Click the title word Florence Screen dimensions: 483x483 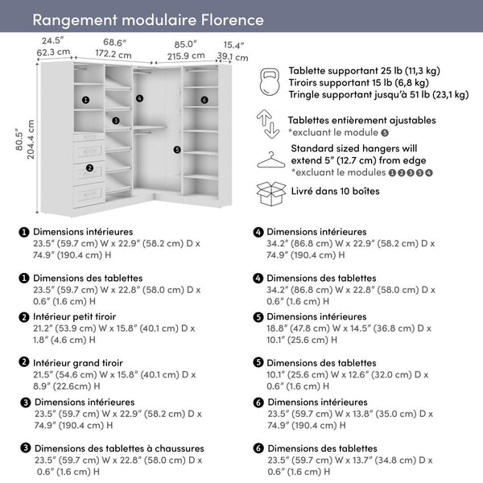[226, 19]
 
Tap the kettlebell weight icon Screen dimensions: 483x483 [270, 82]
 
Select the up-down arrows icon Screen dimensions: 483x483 [269, 125]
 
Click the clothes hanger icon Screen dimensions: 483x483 [270, 159]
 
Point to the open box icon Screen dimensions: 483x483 [270, 193]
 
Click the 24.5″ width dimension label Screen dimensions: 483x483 [53, 41]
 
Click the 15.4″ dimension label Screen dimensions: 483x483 [233, 44]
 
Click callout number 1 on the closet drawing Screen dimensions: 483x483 [85, 100]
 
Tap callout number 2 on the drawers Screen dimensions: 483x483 [89, 167]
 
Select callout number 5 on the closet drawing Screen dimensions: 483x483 [177, 149]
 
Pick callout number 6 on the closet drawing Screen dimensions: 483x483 [204, 100]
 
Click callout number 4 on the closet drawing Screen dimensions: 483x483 [139, 98]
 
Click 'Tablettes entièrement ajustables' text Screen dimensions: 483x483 [362, 120]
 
